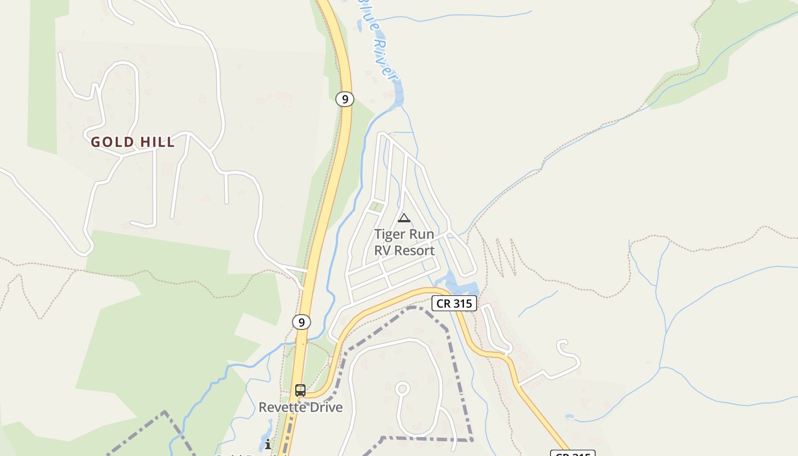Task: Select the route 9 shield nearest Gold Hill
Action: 344,99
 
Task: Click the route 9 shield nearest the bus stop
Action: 302,322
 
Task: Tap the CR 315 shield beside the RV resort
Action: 454,303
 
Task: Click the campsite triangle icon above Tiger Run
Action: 404,218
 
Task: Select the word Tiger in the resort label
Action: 390,234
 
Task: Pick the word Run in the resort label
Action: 422,234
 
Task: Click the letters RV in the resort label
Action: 383,250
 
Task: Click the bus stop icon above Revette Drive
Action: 300,390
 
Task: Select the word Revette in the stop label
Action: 284,408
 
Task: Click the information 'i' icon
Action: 268,444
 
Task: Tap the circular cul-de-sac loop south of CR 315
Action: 402,389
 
